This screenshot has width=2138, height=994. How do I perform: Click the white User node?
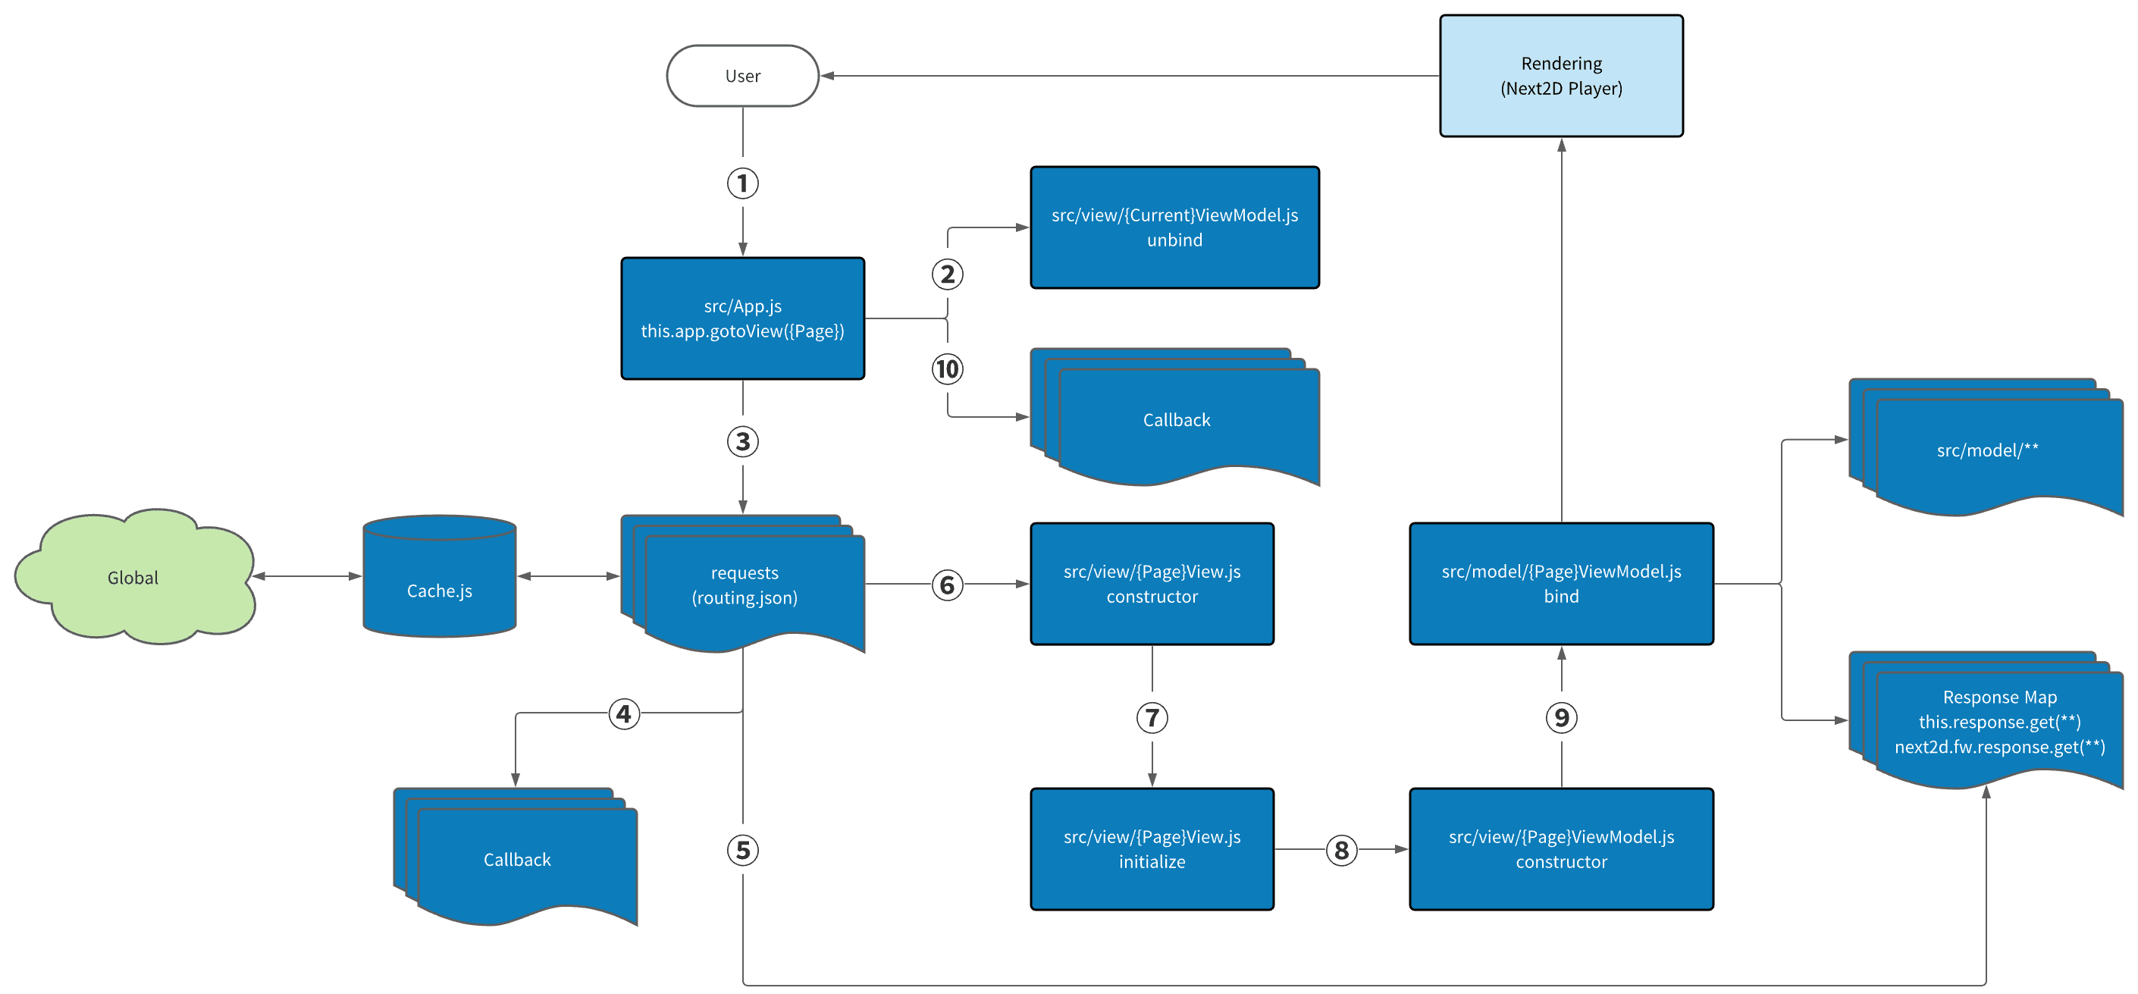tap(742, 76)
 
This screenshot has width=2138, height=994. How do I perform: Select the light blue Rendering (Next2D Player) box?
tap(1560, 76)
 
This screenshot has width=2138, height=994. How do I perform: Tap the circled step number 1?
tap(742, 183)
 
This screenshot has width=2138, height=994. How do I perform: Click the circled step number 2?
tap(947, 274)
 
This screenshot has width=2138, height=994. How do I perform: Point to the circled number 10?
tap(947, 368)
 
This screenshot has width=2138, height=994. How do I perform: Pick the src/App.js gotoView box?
tap(742, 318)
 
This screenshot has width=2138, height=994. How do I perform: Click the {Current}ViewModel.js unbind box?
tap(1174, 227)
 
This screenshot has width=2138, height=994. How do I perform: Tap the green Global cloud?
tap(133, 578)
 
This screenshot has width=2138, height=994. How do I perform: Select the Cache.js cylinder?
tap(439, 581)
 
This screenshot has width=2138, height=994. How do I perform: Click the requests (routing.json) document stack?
tap(745, 585)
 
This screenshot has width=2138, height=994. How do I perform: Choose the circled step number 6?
tap(947, 585)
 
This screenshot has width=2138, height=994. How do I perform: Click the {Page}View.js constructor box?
tap(1151, 583)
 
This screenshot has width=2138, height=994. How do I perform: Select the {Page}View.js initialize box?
tap(1151, 848)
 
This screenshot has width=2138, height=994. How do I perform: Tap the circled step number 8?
tap(1341, 850)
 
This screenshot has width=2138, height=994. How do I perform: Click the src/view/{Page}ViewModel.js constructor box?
tap(1560, 848)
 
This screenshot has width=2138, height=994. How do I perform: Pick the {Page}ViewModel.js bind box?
tap(1560, 583)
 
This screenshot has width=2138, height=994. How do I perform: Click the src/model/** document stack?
tap(1987, 450)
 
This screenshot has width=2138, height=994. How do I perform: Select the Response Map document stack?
tap(1998, 722)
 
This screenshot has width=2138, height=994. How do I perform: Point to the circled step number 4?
tap(624, 713)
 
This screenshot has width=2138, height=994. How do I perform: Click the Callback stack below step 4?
tap(517, 859)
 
